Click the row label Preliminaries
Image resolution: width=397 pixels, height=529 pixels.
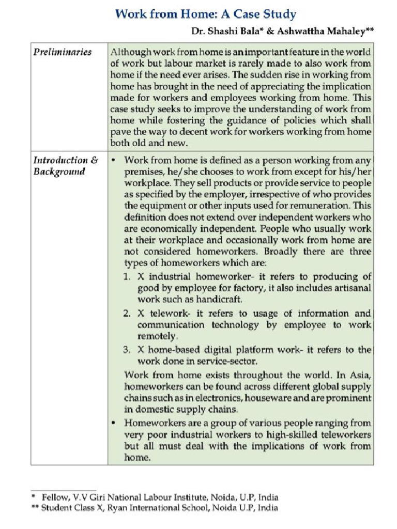(x=63, y=52)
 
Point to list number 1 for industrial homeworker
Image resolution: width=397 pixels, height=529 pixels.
(x=127, y=277)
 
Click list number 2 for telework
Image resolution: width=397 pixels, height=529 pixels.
(x=127, y=314)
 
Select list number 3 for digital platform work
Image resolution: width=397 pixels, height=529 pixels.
(x=127, y=350)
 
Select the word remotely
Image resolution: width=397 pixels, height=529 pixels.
(x=156, y=336)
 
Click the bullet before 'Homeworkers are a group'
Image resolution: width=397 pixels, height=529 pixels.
(x=113, y=423)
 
